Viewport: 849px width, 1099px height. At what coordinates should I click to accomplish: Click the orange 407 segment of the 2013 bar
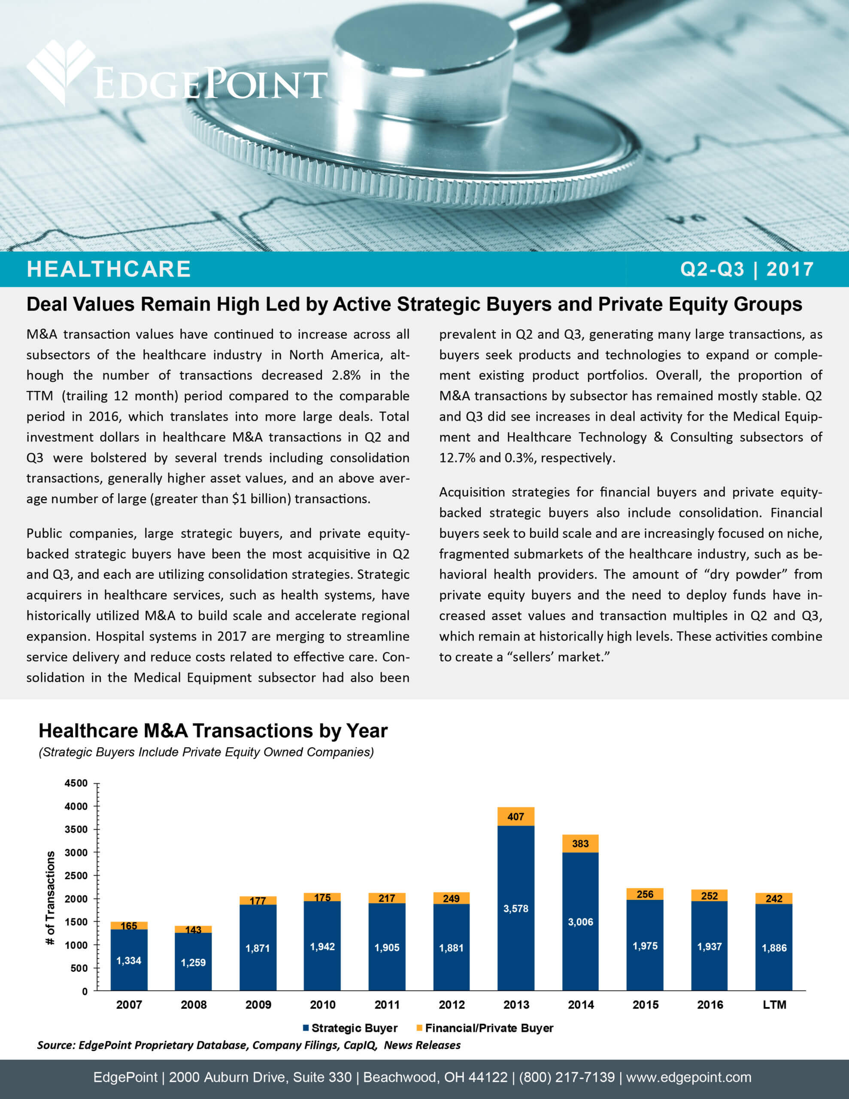tap(516, 816)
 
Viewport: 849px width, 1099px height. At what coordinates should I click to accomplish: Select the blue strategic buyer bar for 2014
tap(580, 921)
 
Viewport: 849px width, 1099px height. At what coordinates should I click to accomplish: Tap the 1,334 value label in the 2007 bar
tap(129, 961)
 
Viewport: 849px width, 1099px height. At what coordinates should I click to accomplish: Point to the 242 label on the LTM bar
tap(774, 898)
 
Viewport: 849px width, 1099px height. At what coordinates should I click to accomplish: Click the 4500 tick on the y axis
tap(76, 783)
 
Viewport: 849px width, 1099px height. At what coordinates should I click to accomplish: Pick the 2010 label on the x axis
tap(323, 1005)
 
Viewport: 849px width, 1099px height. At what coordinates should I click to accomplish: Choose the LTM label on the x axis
tap(774, 1005)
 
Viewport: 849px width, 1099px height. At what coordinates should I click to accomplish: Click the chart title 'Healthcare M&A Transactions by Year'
tap(213, 731)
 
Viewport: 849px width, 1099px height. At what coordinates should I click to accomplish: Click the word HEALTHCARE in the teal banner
tap(109, 269)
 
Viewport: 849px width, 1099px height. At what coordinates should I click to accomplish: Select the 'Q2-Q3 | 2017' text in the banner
tap(747, 269)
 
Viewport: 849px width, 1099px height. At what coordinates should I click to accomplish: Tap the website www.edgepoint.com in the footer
tap(688, 1078)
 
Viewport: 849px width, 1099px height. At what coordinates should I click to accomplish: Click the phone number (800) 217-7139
tap(567, 1078)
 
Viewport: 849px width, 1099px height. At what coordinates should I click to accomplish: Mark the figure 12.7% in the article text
tap(458, 458)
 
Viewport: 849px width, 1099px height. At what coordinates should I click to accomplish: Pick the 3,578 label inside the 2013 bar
tap(516, 908)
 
